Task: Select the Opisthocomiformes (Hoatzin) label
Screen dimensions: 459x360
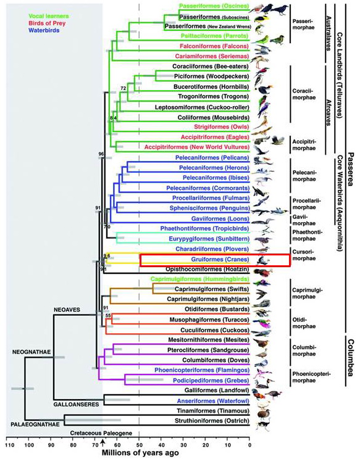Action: point(211,270)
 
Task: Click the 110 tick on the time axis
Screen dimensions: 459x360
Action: point(9,444)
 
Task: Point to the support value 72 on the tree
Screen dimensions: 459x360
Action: point(123,89)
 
